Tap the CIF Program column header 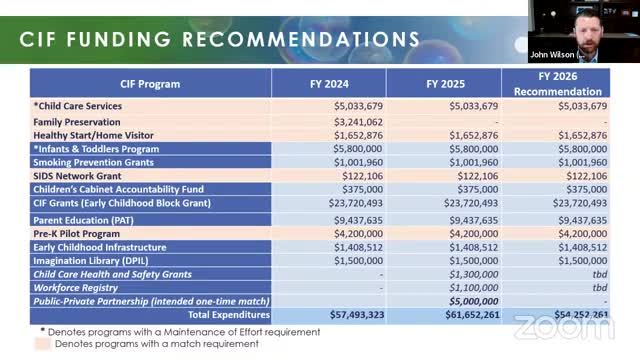(150, 84)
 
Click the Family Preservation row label (78, 121)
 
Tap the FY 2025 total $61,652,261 (467, 314)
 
